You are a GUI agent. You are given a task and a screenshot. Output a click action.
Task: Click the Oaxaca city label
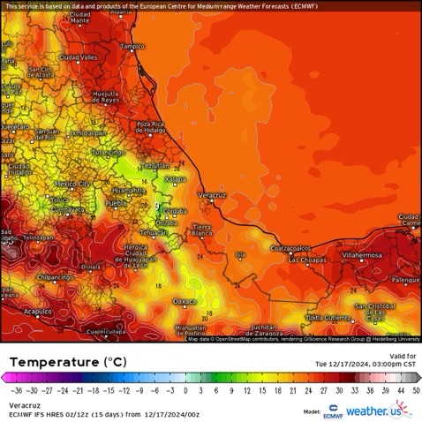(x=185, y=301)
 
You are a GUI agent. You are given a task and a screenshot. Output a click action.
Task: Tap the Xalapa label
(x=176, y=179)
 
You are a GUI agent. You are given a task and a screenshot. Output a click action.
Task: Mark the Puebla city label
(x=117, y=202)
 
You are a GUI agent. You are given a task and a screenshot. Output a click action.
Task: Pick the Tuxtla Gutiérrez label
(x=330, y=316)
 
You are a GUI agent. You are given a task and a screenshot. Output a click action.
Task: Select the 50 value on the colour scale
(x=415, y=389)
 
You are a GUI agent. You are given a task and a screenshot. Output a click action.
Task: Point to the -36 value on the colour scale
(x=14, y=389)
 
